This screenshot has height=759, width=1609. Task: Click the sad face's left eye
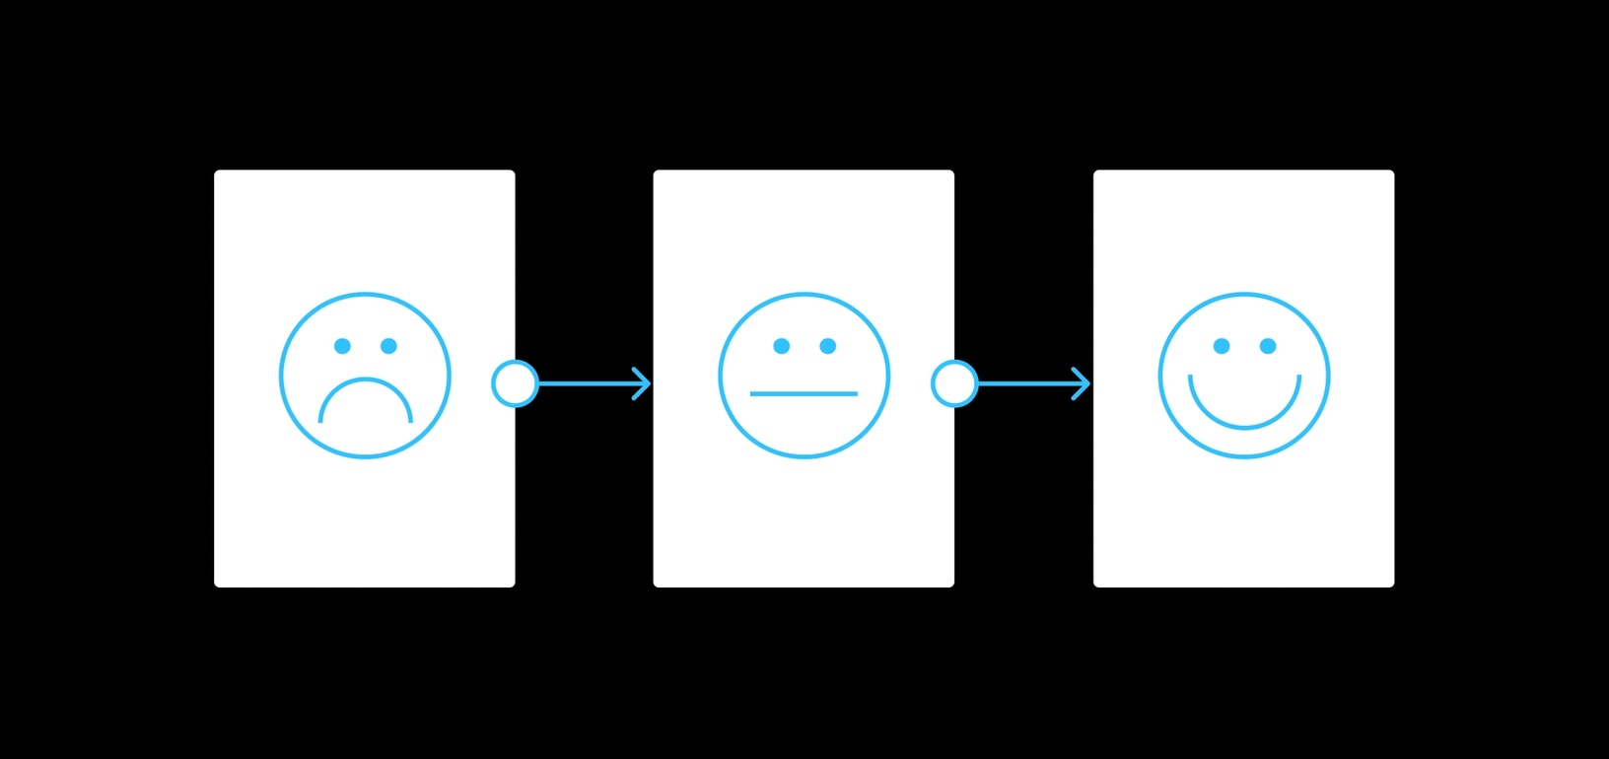(x=342, y=346)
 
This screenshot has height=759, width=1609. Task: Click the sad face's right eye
(x=388, y=346)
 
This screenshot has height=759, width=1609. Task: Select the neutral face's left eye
(x=782, y=346)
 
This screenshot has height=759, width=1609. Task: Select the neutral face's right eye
(x=828, y=346)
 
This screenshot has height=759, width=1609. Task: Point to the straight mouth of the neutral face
(x=804, y=394)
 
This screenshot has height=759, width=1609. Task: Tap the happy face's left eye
(x=1222, y=346)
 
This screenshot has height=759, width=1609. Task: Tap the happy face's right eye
(x=1268, y=346)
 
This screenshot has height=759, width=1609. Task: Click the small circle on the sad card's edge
(x=515, y=383)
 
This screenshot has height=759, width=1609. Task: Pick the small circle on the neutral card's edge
(x=954, y=383)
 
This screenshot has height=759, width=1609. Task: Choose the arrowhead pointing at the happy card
(x=1083, y=383)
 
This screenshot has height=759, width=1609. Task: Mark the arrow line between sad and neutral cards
(x=587, y=383)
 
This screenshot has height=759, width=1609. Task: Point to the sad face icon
(x=365, y=376)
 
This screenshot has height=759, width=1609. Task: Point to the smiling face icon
(x=1244, y=376)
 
